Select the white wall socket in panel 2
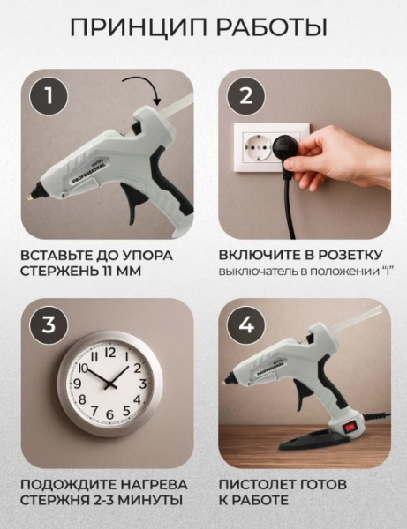click(260, 150)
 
